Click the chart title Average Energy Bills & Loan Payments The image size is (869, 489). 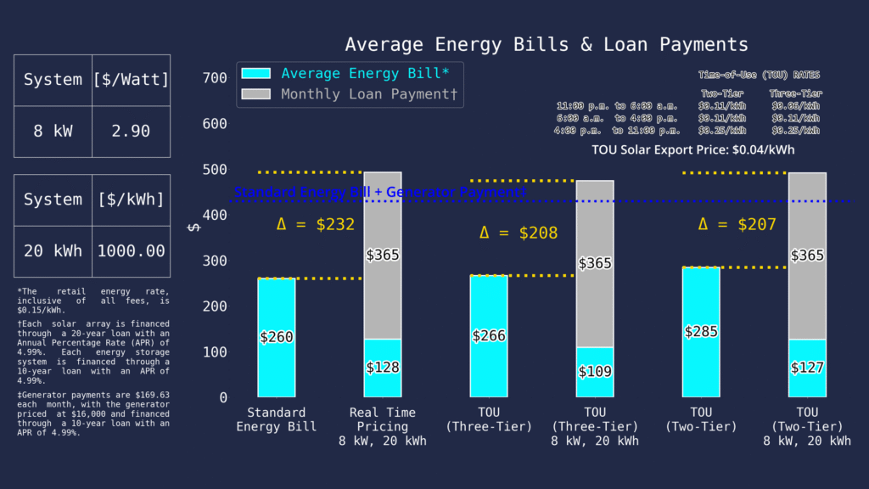pyautogui.click(x=547, y=45)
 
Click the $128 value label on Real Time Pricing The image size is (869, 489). pyautogui.click(x=383, y=368)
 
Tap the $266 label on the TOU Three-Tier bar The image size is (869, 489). pyautogui.click(x=488, y=335)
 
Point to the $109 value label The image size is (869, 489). pyautogui.click(x=594, y=372)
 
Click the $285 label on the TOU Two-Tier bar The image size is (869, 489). pyautogui.click(x=701, y=331)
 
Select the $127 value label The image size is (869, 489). pyautogui.click(x=807, y=368)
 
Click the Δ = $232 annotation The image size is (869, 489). pyautogui.click(x=315, y=225)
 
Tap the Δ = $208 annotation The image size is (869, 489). pyautogui.click(x=519, y=233)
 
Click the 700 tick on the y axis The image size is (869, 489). pyautogui.click(x=216, y=78)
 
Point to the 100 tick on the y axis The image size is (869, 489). pyautogui.click(x=216, y=351)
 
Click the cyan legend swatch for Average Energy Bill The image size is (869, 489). pyautogui.click(x=256, y=74)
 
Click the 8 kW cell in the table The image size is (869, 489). pyautogui.click(x=53, y=132)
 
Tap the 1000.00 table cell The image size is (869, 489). pyautogui.click(x=131, y=251)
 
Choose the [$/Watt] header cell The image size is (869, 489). pyautogui.click(x=131, y=81)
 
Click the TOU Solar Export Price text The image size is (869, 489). pyautogui.click(x=693, y=150)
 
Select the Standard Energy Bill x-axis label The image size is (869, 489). pyautogui.click(x=276, y=419)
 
